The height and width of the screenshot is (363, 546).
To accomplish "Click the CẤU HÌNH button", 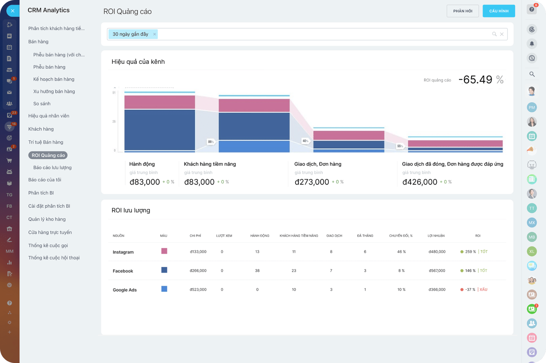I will [499, 11].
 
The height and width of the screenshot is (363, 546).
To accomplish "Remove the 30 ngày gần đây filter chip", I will [154, 34].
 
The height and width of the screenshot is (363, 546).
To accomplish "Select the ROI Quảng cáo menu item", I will [48, 155].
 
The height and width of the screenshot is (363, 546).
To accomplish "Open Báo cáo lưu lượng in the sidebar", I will [52, 167].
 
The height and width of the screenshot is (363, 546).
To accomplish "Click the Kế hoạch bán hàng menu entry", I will [54, 79].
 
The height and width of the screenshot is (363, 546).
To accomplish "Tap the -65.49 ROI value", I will [475, 80].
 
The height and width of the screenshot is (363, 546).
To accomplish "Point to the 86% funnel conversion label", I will [211, 141].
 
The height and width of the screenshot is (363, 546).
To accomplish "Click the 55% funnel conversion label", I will [400, 146].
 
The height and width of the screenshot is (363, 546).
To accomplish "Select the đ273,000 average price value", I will [312, 182].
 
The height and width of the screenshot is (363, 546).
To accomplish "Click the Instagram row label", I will [123, 252].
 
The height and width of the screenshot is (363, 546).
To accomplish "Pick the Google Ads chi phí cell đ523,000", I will [198, 289].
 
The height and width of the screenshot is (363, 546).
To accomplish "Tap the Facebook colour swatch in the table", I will [164, 270].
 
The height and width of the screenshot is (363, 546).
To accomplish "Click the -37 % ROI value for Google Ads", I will [470, 289].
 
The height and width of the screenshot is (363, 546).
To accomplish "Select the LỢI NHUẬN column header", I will [436, 236].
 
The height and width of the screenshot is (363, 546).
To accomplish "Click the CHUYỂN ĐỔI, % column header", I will [400, 236].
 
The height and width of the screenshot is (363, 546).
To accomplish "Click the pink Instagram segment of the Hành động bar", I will [160, 102].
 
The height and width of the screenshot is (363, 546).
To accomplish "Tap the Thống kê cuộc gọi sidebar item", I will [48, 246].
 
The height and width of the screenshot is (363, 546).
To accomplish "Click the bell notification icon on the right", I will [532, 44].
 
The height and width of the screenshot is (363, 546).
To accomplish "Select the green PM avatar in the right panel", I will [532, 107].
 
